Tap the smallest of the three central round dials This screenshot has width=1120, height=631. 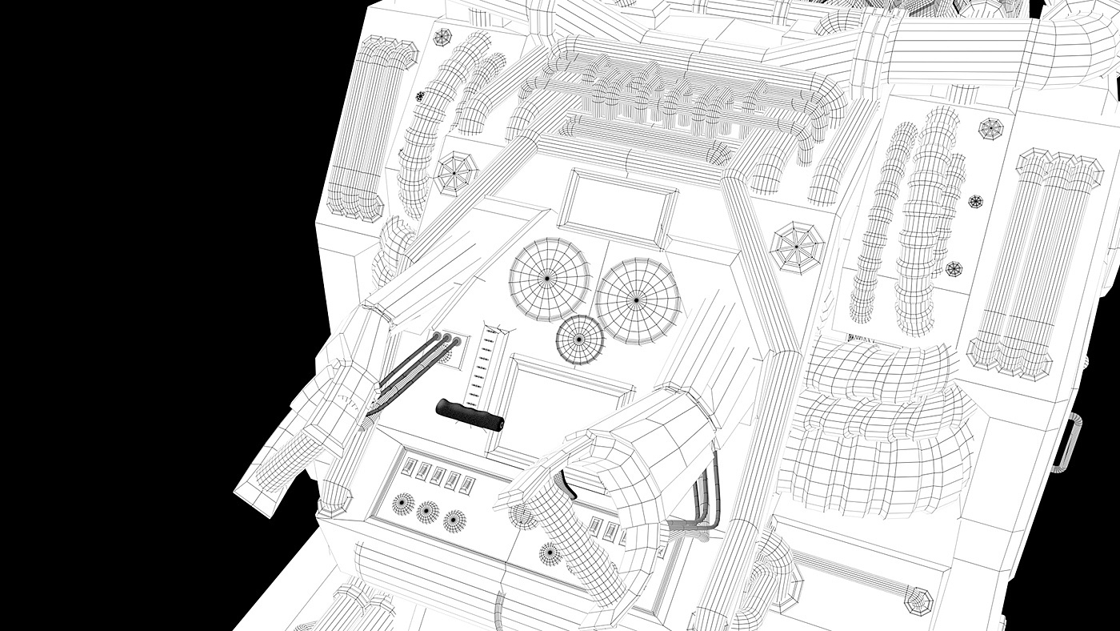coord(580,340)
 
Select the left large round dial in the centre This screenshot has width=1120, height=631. coord(550,277)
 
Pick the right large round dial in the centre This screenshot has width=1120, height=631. coord(638,299)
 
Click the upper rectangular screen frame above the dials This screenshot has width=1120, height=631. coord(621,206)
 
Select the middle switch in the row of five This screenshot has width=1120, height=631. coord(438,475)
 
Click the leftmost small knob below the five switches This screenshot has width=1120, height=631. coord(403,503)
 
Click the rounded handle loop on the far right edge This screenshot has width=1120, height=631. coord(1065,440)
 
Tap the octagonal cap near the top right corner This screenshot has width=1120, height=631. coord(991,127)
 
